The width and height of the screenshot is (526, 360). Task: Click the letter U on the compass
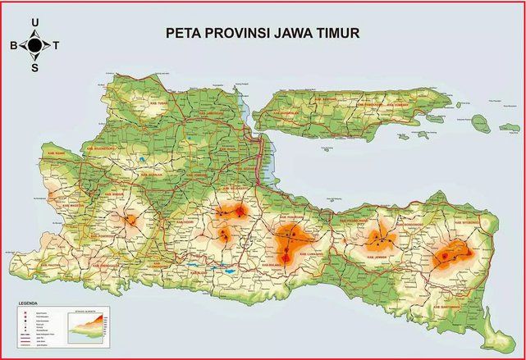34,22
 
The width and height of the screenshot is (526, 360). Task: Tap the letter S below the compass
34,68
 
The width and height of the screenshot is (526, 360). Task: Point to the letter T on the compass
56,46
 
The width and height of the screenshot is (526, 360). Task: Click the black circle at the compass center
34,46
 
